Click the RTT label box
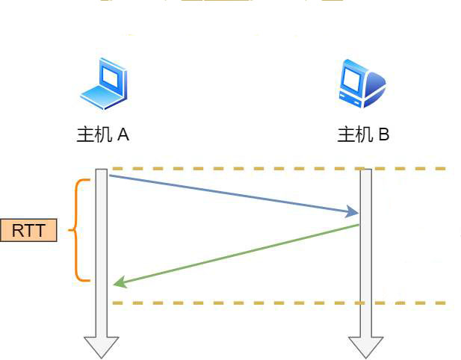(29, 231)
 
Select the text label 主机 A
(103, 135)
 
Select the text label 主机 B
(363, 135)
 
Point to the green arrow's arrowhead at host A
(118, 283)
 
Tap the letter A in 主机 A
(123, 135)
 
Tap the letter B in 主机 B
(383, 135)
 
